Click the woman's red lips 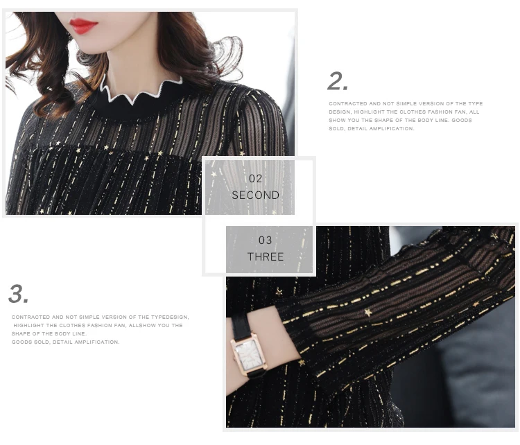tap(83, 26)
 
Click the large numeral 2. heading tap(338, 81)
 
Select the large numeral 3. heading tap(18, 293)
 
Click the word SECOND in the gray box tap(255, 195)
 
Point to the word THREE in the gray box tap(266, 256)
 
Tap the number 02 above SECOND tap(255, 178)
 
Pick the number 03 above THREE tap(265, 240)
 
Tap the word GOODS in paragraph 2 tap(462, 120)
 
